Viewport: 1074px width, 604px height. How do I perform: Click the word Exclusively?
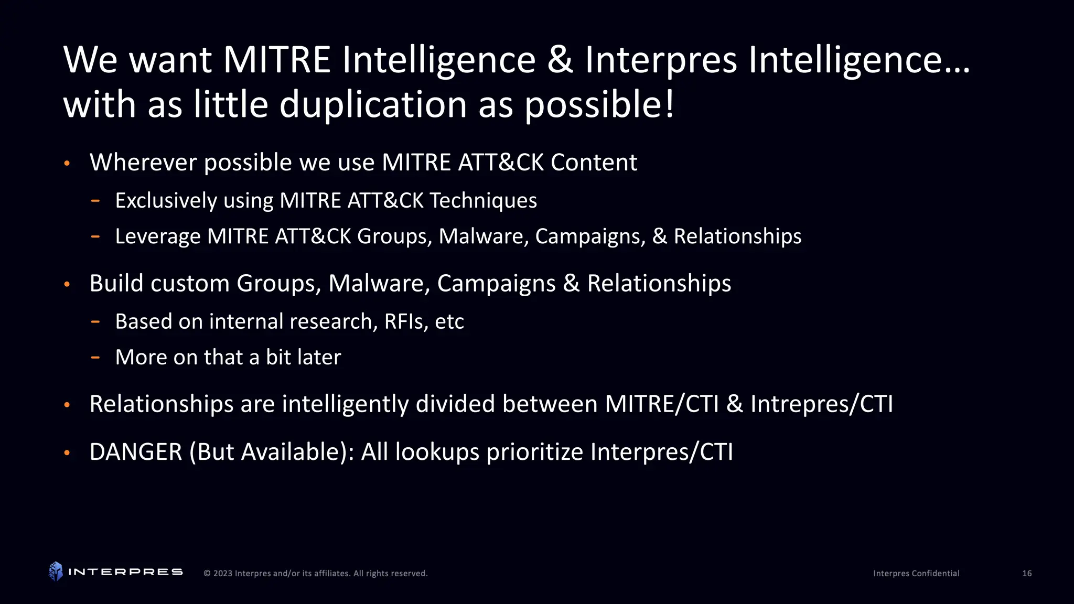[166, 201]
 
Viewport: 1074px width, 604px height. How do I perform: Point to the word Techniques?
[483, 200]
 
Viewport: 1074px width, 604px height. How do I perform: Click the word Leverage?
[157, 236]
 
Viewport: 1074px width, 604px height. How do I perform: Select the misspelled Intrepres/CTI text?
[821, 404]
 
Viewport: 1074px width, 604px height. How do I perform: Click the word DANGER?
[136, 452]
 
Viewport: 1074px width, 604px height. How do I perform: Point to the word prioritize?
[534, 452]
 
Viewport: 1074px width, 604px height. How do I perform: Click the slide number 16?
[1027, 574]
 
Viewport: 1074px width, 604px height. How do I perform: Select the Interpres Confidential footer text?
[916, 574]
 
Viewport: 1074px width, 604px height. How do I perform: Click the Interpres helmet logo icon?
[56, 571]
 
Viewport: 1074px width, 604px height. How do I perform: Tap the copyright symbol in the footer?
[207, 574]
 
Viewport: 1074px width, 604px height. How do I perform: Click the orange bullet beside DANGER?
[67, 453]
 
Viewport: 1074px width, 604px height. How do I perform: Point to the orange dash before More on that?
[95, 358]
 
